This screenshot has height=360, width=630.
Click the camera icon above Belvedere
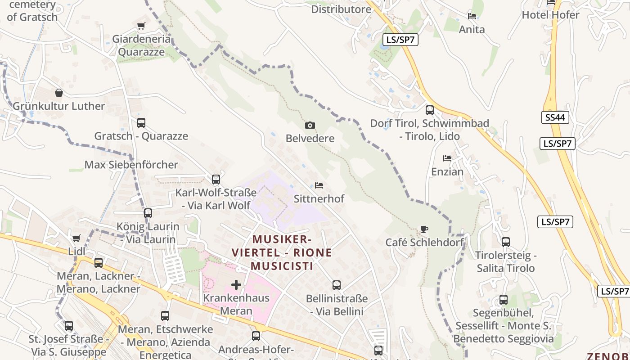(310, 125)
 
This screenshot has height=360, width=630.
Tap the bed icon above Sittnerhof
(319, 185)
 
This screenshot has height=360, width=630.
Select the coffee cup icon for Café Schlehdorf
(424, 229)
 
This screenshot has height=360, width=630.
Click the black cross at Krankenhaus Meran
(236, 284)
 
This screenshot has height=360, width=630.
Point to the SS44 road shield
(555, 118)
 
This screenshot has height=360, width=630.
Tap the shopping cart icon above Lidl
(76, 238)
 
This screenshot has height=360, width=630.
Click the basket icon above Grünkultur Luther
(58, 93)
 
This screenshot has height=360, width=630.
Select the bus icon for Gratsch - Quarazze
(141, 122)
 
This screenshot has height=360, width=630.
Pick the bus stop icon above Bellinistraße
(337, 285)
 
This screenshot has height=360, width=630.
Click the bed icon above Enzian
(447, 158)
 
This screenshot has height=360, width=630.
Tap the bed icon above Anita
(472, 16)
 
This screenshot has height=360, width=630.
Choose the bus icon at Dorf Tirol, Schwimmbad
(430, 110)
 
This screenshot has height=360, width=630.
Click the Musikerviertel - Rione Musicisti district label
(282, 252)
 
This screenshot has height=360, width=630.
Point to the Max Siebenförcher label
(131, 165)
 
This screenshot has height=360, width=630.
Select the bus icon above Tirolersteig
(506, 242)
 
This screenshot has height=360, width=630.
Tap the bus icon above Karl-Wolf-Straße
(216, 179)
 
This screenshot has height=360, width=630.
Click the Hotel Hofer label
(550, 15)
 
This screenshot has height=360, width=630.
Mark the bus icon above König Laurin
(148, 213)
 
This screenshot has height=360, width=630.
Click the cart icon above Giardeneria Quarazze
(141, 26)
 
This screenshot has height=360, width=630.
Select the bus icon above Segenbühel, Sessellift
(504, 299)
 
